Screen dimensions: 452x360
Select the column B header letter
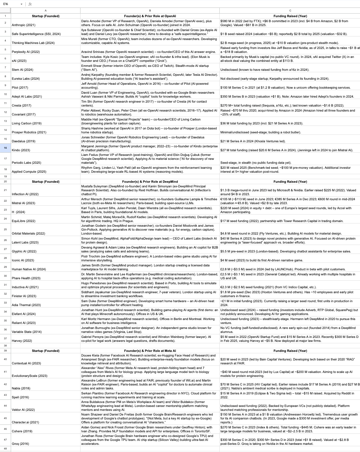point(150,10)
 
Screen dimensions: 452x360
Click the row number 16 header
point(5,148)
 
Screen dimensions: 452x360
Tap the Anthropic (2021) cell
point(24,25)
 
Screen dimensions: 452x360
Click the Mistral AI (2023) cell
point(24,203)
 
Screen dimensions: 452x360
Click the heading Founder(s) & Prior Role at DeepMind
point(150,181)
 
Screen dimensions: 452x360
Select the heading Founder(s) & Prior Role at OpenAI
point(150,16)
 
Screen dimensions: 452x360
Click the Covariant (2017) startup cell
point(24,114)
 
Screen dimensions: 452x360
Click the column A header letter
point(45,10)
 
